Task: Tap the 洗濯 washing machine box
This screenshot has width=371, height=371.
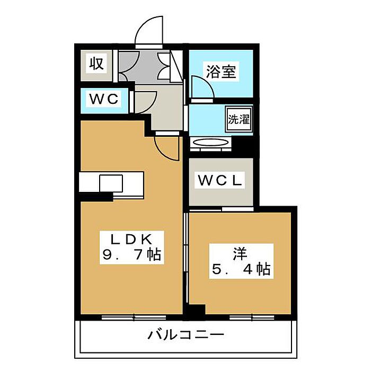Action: (x=238, y=119)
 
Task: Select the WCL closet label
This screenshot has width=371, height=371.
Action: (x=220, y=181)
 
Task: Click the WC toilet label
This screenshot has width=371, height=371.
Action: (x=104, y=99)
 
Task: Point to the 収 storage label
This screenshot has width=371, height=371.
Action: (x=96, y=64)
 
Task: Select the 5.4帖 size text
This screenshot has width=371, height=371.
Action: (x=242, y=269)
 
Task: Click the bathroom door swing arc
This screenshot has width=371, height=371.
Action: (x=201, y=87)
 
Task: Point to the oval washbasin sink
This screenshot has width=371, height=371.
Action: (x=210, y=144)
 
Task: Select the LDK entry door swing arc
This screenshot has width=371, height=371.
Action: (x=165, y=148)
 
